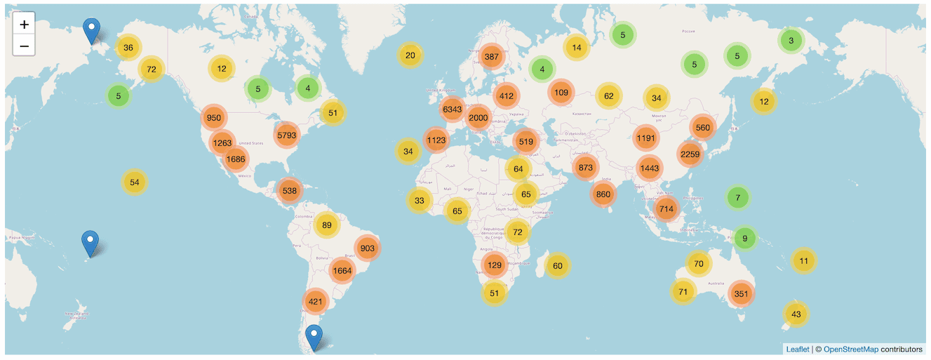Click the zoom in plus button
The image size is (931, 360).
(24, 25)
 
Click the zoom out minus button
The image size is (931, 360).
(24, 46)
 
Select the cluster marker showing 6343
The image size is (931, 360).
(453, 109)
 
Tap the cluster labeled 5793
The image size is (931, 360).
(287, 135)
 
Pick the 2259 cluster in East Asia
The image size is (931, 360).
(690, 154)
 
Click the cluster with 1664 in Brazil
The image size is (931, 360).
(342, 271)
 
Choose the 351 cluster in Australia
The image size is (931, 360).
(741, 294)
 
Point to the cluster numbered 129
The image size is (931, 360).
(495, 265)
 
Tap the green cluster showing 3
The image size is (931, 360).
(791, 41)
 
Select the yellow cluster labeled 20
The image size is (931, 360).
(410, 55)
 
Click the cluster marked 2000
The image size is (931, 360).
(478, 118)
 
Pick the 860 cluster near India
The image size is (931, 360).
(603, 194)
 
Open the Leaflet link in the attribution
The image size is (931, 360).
(797, 349)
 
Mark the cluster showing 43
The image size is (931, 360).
(796, 314)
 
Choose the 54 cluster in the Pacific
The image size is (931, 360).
(135, 182)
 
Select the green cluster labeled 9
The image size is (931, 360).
(745, 239)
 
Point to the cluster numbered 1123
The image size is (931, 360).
(436, 140)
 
